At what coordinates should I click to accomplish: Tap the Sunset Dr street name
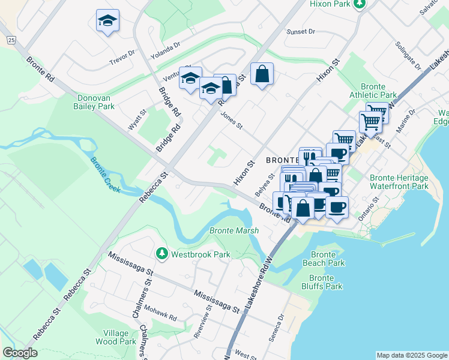[301, 31]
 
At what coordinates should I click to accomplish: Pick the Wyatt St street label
[137, 120]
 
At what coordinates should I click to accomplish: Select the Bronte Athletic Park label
[378, 91]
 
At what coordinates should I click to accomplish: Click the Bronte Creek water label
[106, 175]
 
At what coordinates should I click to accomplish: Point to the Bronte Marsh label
[234, 230]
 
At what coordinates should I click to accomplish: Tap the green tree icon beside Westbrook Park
[161, 254]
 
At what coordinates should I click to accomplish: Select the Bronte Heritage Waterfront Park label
[399, 182]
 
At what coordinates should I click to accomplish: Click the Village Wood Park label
[115, 337]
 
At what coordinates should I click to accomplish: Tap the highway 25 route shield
[11, 40]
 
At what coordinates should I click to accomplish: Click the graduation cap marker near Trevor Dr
[108, 21]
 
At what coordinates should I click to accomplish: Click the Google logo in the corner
[20, 353]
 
